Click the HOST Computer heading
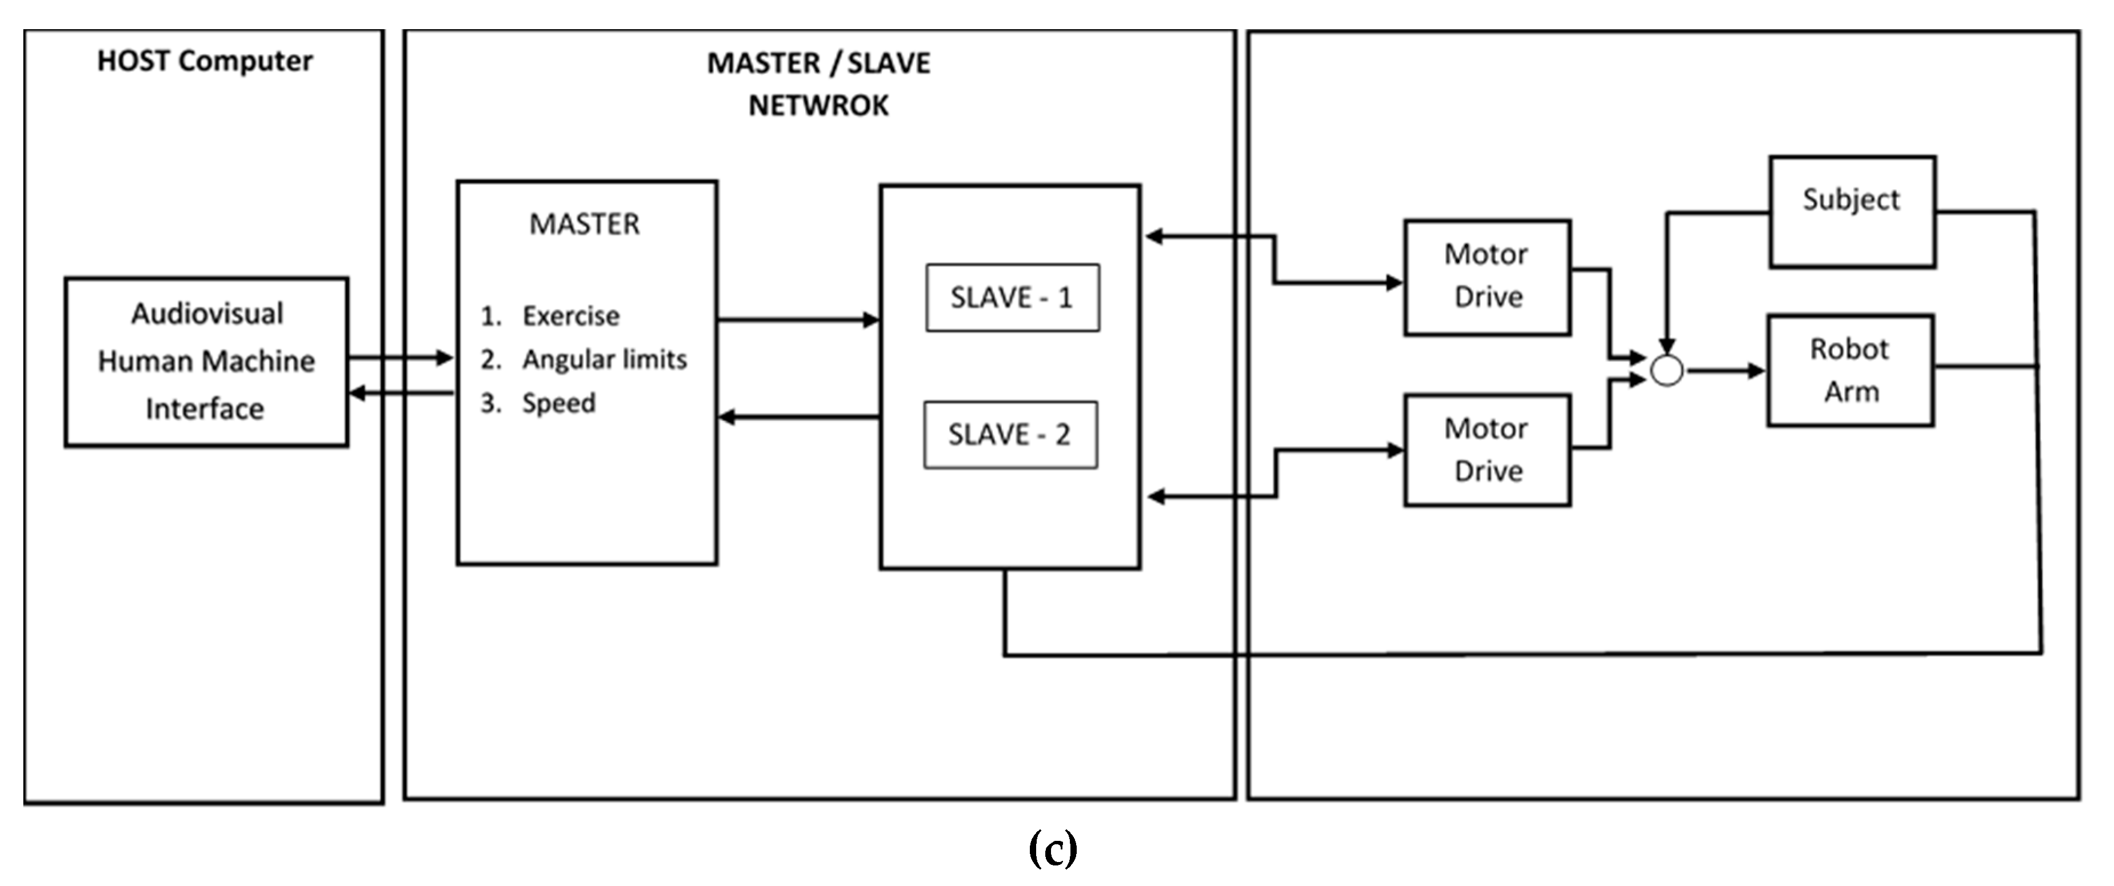[x=205, y=61]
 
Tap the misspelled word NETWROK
[x=818, y=106]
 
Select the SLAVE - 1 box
[x=1012, y=298]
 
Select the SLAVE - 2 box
[x=1010, y=435]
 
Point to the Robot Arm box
[x=1850, y=371]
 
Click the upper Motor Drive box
[x=1487, y=277]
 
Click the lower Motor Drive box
[x=1487, y=450]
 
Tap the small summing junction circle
[x=1667, y=371]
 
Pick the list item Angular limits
[x=604, y=359]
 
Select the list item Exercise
[x=570, y=316]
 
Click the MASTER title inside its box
[x=584, y=224]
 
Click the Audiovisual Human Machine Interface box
[x=206, y=362]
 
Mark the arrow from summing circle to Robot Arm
[x=1723, y=371]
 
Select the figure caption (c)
[x=1052, y=849]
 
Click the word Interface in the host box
[x=205, y=408]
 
